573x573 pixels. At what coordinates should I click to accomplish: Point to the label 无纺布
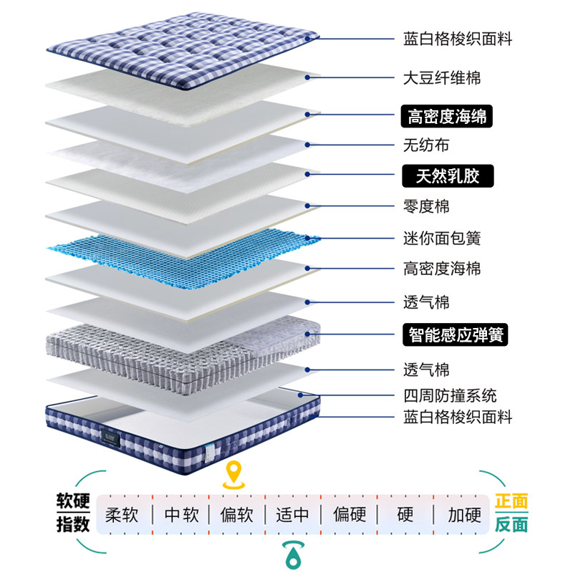pos(426,145)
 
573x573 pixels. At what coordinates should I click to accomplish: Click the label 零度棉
pos(426,206)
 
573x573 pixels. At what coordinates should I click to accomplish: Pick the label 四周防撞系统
pos(450,395)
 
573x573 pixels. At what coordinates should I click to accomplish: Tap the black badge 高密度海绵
pos(447,115)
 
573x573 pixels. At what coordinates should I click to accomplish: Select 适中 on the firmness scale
pos(292,514)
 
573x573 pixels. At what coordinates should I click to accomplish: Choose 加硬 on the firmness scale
pos(464,514)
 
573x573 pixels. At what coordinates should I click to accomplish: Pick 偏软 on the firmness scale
pos(236,514)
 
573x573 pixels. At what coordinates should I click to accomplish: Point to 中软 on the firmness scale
pos(180,514)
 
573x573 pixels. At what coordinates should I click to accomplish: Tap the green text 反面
pos(511,524)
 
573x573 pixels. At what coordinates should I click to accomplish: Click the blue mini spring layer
pos(179,251)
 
